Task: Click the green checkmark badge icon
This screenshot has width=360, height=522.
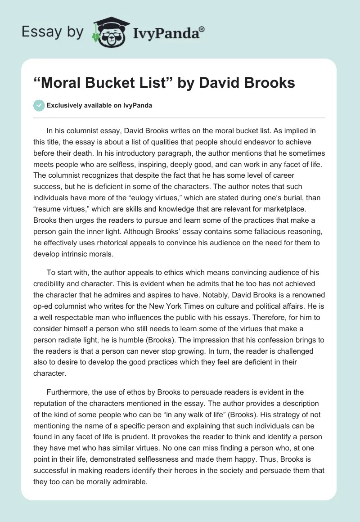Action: click(x=39, y=105)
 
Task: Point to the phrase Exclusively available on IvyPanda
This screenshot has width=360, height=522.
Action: click(x=99, y=105)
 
